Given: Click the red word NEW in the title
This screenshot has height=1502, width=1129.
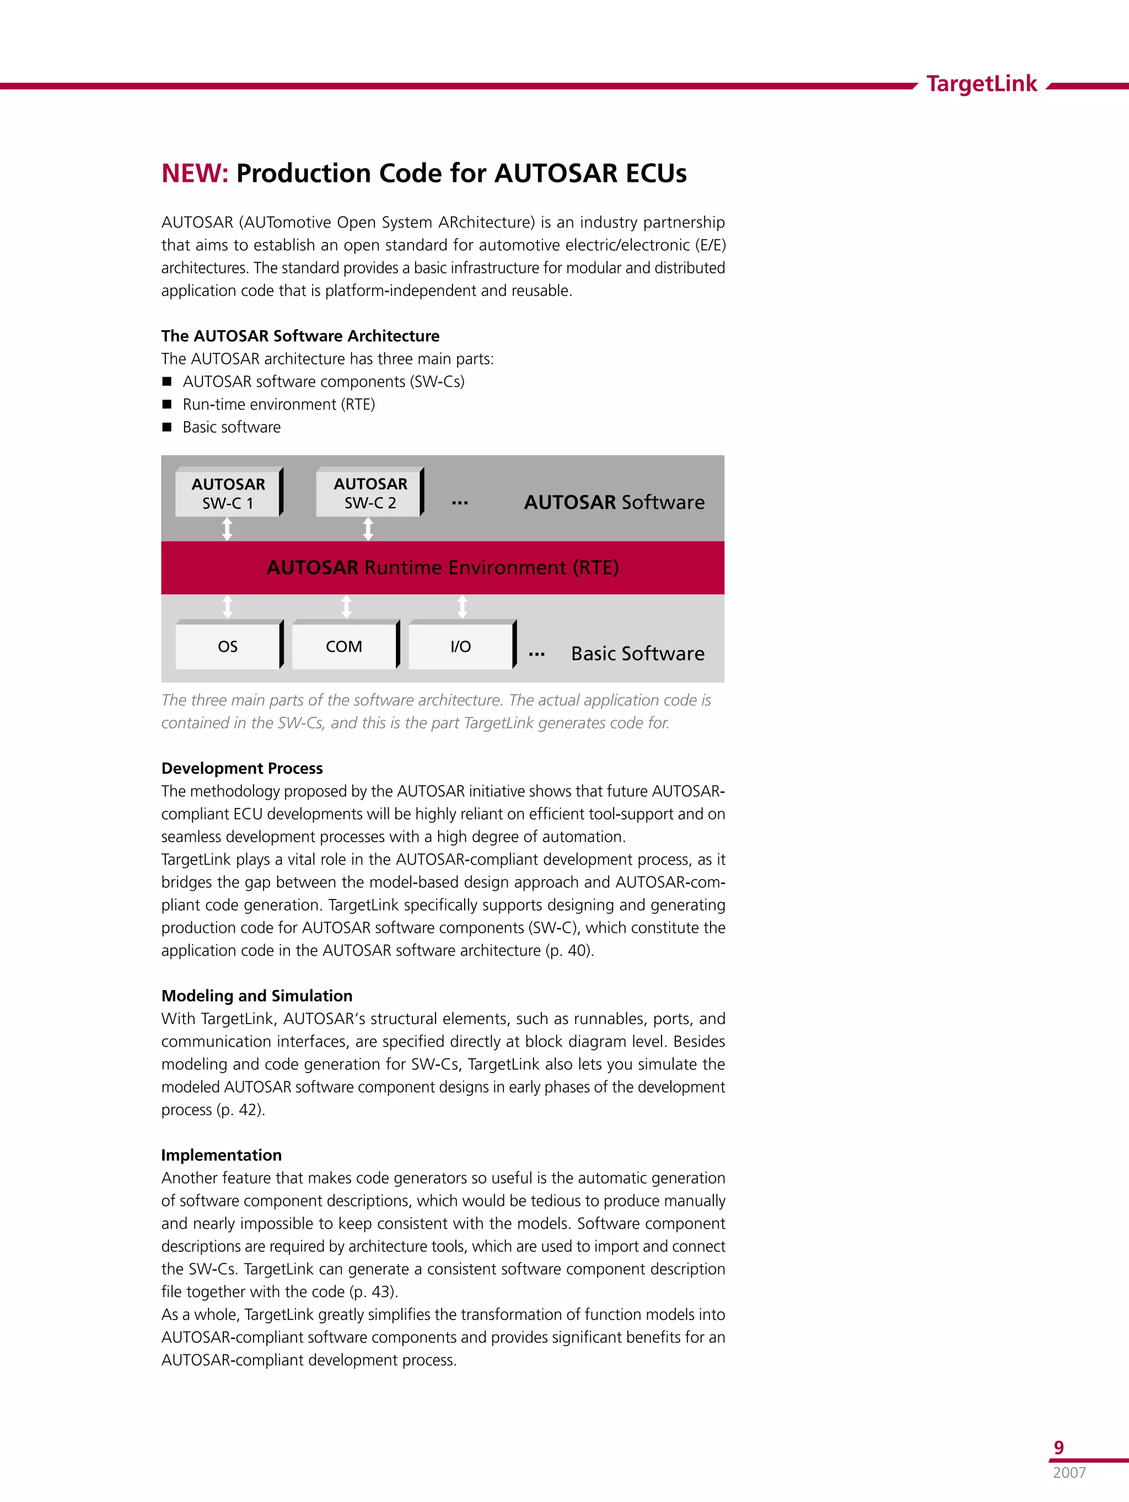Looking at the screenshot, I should pos(193,173).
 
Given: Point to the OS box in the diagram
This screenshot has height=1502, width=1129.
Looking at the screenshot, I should pos(228,647).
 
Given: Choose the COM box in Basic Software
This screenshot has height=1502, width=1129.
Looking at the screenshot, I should pos(344,647).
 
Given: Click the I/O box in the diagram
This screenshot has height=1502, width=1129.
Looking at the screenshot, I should pos(460,647).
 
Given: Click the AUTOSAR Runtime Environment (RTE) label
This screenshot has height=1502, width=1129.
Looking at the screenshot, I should pos(442,567).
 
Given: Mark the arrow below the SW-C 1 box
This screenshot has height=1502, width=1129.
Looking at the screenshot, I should pos(228,528).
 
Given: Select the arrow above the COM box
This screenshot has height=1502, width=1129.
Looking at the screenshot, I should pos(346,606).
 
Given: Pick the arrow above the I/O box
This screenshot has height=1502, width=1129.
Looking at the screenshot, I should pos(462,606).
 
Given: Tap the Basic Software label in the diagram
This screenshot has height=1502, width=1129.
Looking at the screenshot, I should pos(637,653).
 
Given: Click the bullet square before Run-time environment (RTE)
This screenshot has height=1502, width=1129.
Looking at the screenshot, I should pos(167,404).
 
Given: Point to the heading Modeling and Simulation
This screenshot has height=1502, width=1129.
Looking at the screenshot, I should pos(257,995).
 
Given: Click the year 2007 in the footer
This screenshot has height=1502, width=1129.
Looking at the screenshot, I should pos(1069,1472).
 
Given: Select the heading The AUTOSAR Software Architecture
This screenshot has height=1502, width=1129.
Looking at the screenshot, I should pos(300,336).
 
